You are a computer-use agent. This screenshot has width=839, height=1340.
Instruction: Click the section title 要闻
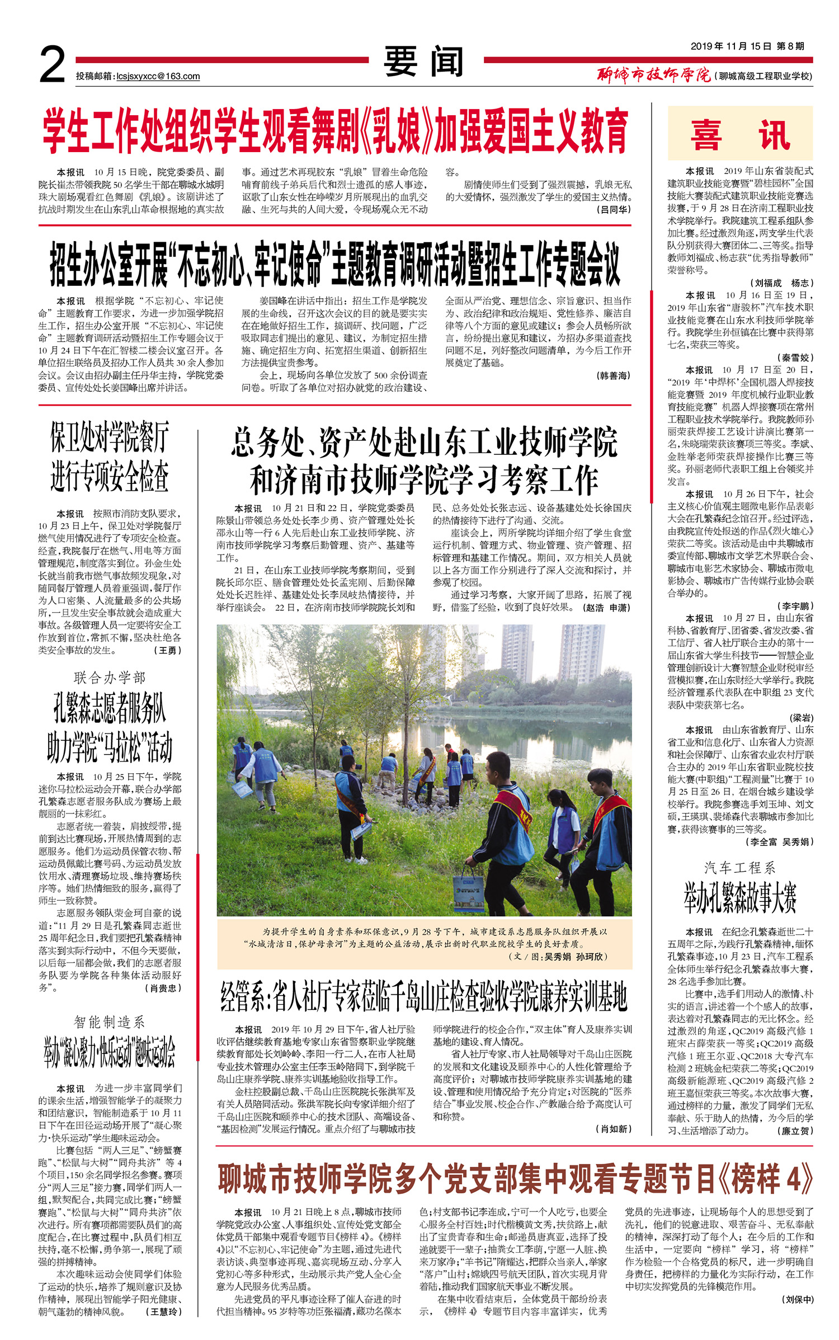(x=424, y=62)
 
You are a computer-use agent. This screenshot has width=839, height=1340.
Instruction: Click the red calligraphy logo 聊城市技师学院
(x=653, y=74)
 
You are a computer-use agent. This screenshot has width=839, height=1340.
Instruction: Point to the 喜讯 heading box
(x=739, y=134)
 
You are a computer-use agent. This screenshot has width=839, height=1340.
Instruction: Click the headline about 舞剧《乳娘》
(x=336, y=132)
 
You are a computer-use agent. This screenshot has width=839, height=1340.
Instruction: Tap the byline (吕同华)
(x=614, y=209)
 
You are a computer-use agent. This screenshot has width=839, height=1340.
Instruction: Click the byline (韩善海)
(x=614, y=375)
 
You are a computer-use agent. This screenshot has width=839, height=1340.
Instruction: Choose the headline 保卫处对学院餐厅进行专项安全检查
(x=110, y=457)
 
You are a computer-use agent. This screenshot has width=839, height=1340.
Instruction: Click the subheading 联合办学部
(x=110, y=678)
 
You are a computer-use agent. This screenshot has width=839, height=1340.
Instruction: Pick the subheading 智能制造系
(x=110, y=1022)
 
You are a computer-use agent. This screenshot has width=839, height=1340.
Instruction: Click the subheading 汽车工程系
(x=739, y=868)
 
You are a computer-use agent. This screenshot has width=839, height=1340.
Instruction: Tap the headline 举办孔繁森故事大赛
(x=739, y=898)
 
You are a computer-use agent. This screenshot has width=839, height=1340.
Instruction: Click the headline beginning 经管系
(x=424, y=996)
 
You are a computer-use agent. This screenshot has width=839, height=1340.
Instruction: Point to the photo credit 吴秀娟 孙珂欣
(x=571, y=956)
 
